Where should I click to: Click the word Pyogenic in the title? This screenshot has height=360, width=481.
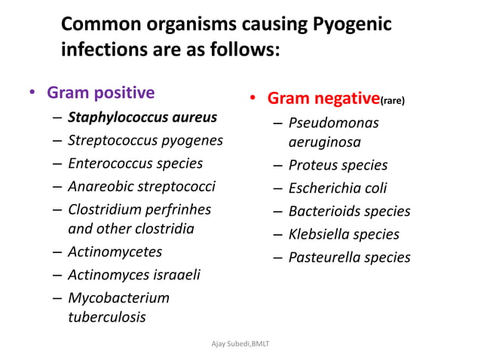(x=351, y=25)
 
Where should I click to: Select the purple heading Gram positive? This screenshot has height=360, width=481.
(x=100, y=93)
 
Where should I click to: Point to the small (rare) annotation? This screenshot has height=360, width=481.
(x=392, y=101)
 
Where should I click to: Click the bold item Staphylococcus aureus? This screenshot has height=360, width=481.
(x=142, y=117)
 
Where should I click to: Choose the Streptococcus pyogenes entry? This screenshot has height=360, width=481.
(x=146, y=140)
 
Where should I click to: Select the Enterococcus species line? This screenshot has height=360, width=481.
(x=135, y=163)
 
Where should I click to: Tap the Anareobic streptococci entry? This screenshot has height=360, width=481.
(x=142, y=185)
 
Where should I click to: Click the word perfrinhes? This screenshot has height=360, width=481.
(x=182, y=209)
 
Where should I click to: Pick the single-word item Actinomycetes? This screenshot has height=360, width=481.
(x=115, y=252)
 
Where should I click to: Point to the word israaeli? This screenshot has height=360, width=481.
(x=173, y=274)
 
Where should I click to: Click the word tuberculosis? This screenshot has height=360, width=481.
(x=107, y=316)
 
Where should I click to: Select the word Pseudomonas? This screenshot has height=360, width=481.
(x=333, y=122)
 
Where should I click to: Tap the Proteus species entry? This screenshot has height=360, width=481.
(x=338, y=165)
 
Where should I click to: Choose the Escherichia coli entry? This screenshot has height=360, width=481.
(x=337, y=188)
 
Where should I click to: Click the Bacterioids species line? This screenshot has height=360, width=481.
(x=349, y=211)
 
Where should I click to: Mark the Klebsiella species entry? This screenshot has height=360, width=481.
(x=344, y=234)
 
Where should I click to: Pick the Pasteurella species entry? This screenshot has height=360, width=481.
(x=349, y=258)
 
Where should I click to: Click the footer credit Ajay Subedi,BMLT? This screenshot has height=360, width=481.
(x=240, y=343)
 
